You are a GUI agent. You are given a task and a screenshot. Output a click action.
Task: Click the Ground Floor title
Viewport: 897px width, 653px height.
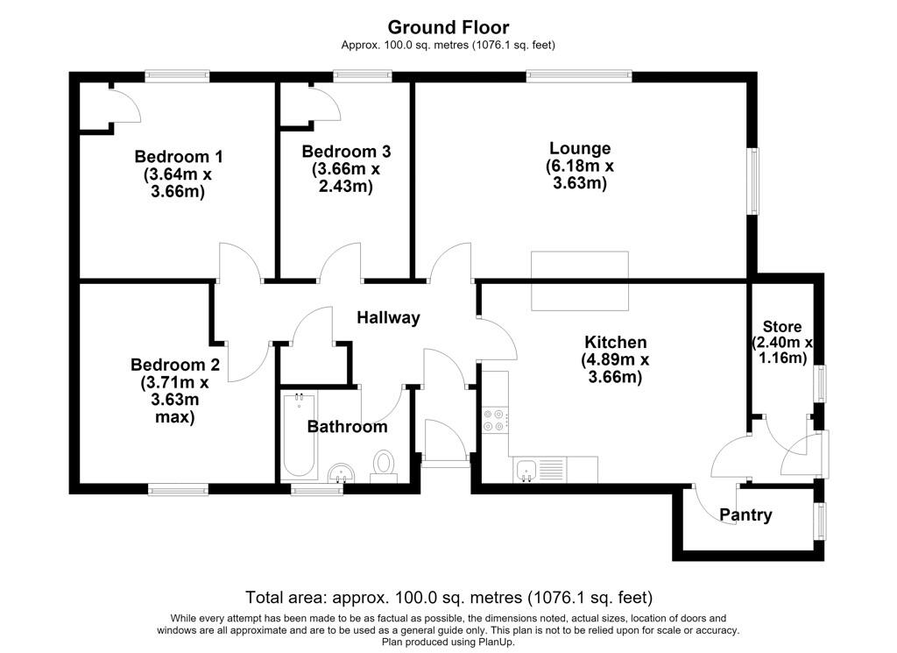pyautogui.click(x=448, y=27)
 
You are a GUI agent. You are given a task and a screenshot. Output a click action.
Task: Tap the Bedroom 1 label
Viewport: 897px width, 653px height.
pyautogui.click(x=179, y=156)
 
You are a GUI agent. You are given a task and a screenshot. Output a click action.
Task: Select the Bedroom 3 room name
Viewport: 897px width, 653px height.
pyautogui.click(x=346, y=151)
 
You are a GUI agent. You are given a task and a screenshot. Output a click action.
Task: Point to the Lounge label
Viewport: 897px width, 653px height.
pyautogui.click(x=580, y=147)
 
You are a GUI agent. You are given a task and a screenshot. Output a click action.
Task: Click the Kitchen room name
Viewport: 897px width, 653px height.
pyautogui.click(x=616, y=342)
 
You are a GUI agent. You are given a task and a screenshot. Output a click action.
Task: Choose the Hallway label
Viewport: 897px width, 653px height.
pyautogui.click(x=388, y=317)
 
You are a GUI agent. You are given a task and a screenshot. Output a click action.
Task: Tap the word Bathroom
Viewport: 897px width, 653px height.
pyautogui.click(x=347, y=426)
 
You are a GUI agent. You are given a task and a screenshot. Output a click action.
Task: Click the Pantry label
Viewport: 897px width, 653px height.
pyautogui.click(x=745, y=515)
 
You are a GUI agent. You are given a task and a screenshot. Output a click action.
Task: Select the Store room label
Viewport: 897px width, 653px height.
pyautogui.click(x=782, y=327)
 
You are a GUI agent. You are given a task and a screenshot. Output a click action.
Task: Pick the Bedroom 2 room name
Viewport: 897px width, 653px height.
pyautogui.click(x=175, y=364)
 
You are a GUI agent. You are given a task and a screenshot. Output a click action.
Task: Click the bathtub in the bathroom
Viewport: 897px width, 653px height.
pyautogui.click(x=299, y=436)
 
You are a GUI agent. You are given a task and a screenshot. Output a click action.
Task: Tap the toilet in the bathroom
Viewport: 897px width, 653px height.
pyautogui.click(x=384, y=466)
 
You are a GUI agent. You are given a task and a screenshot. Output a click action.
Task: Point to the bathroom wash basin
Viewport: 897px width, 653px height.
pyautogui.click(x=343, y=473)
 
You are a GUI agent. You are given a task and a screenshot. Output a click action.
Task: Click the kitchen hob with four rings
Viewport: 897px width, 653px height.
pyautogui.click(x=494, y=420)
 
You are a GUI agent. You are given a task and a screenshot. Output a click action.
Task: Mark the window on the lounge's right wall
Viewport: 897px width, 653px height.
pyautogui.click(x=754, y=181)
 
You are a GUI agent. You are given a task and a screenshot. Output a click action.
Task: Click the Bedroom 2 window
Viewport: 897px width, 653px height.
pyautogui.click(x=178, y=489)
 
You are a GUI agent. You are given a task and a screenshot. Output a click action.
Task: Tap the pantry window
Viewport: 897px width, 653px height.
pyautogui.click(x=821, y=521)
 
